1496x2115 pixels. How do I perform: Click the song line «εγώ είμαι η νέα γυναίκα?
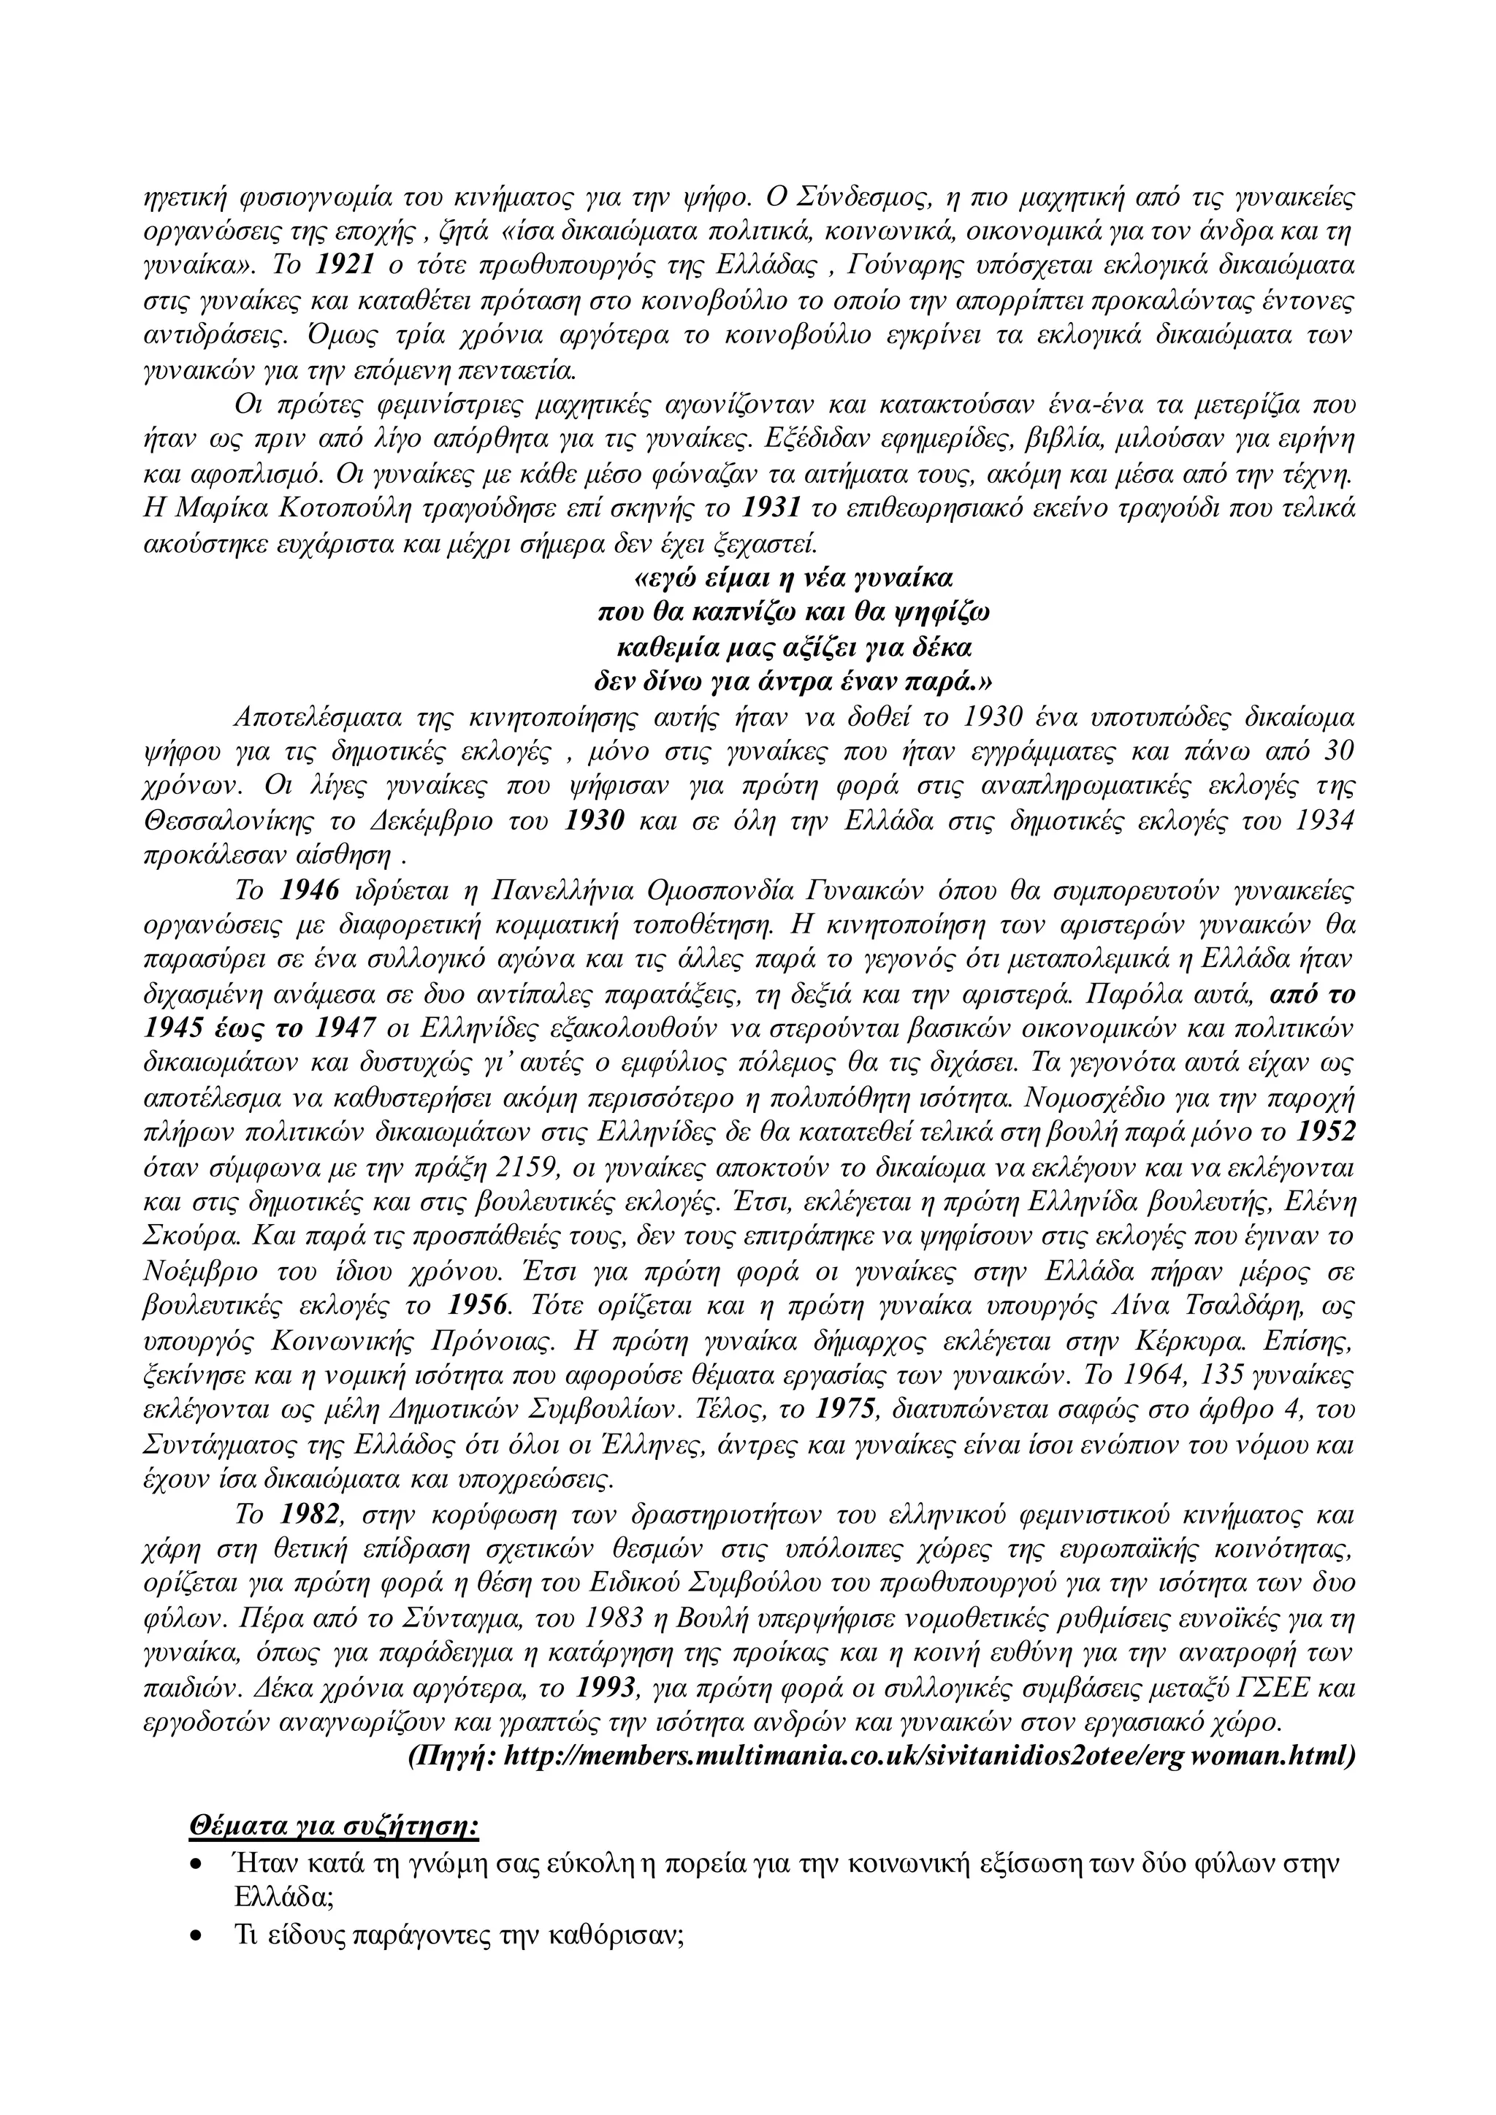[x=793, y=578]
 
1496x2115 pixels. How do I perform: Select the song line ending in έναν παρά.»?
[x=793, y=683]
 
